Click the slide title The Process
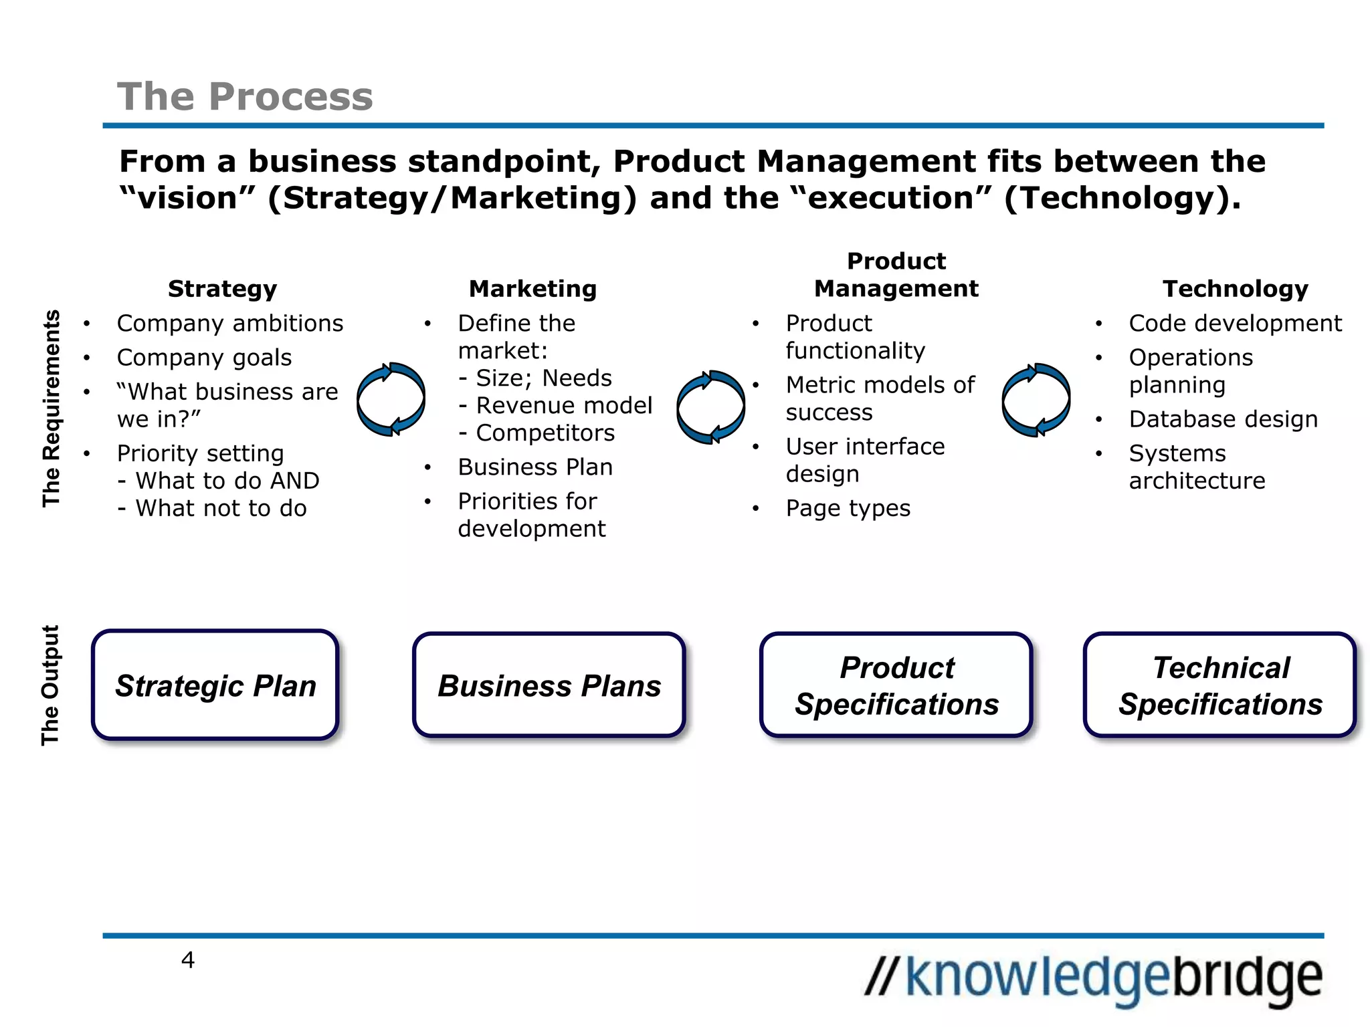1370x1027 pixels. point(245,96)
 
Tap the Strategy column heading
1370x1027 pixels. point(222,289)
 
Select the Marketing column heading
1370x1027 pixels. point(532,289)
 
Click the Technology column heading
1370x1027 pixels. point(1235,289)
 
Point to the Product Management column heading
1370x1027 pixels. point(896,275)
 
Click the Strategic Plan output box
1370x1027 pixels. point(215,685)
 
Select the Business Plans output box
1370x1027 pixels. point(549,685)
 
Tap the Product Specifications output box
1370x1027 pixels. point(896,685)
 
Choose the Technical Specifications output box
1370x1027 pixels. point(1220,685)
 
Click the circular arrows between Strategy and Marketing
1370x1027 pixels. point(391,399)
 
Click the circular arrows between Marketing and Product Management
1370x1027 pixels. point(710,407)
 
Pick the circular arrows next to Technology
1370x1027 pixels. point(1036,400)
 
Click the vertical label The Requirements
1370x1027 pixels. point(52,408)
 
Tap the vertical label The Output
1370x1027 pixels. point(51,685)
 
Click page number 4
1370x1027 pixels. point(188,960)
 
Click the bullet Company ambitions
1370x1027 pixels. point(229,324)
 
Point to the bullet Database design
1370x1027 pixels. point(1223,419)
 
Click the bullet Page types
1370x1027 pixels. point(848,509)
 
